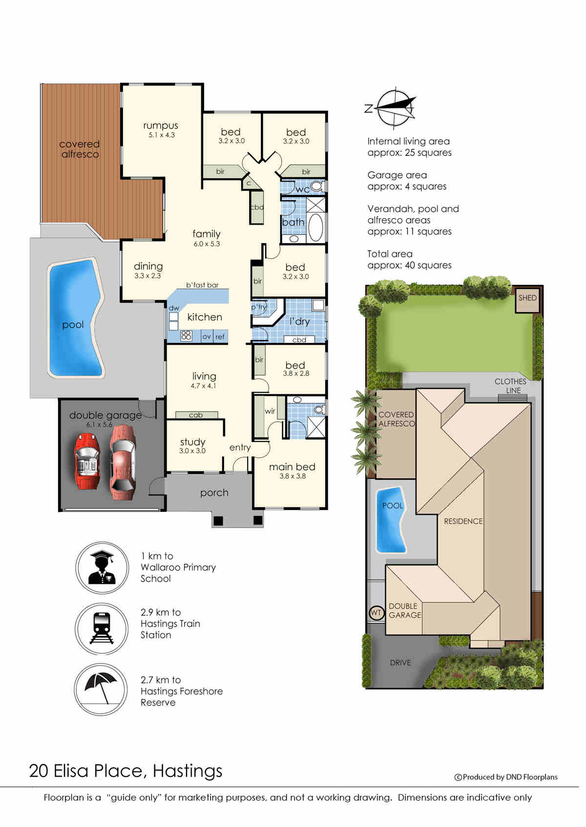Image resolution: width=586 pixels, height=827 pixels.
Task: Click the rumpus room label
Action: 161,126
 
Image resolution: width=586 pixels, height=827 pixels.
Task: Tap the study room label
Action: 192,442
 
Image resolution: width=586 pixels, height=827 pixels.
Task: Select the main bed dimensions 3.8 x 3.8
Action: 293,476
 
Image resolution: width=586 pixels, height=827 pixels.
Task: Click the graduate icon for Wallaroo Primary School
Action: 102,567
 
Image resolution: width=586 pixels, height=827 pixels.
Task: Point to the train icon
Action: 102,628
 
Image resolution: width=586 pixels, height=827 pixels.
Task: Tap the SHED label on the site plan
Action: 527,297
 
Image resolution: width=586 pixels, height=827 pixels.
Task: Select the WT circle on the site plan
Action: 376,613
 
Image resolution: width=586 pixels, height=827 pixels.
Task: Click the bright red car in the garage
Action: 87,461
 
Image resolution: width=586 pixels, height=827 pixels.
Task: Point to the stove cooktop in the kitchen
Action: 186,336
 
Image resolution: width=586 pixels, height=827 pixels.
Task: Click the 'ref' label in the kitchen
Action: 220,337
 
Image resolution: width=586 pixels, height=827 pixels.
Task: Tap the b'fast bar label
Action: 202,285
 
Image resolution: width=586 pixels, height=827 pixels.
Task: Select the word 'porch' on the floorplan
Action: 214,493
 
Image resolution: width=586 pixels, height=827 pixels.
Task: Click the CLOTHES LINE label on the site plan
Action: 511,386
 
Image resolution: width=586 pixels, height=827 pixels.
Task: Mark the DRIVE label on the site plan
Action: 400,663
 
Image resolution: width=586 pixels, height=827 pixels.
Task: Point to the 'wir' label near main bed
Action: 270,411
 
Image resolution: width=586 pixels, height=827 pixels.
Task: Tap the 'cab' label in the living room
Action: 196,415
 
